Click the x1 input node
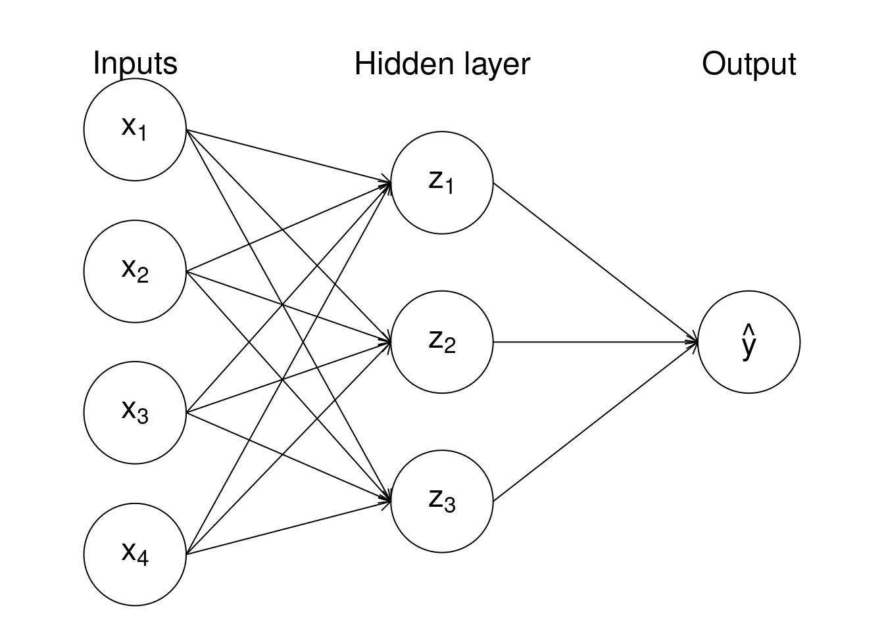pos(135,129)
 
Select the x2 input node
pos(135,271)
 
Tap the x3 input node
pos(135,413)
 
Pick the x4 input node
pos(135,554)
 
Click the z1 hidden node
pos(441,183)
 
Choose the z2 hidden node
pos(441,342)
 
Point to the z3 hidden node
pos(441,501)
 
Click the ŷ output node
pos(749,342)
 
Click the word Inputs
pos(135,64)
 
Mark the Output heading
pos(749,64)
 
